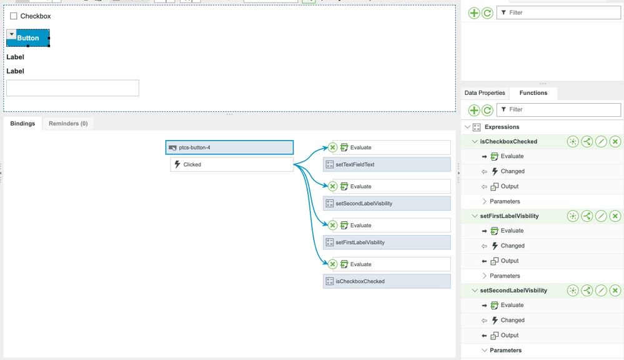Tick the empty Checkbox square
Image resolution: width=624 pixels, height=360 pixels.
pos(14,16)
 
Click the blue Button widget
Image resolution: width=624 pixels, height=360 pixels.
pos(28,38)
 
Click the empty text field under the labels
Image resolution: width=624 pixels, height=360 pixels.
pos(73,88)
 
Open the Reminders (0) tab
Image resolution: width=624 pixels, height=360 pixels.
pos(68,124)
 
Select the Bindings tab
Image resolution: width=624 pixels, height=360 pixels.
pos(22,124)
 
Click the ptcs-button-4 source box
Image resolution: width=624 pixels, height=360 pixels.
pos(230,147)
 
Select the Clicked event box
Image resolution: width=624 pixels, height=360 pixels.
pos(232,164)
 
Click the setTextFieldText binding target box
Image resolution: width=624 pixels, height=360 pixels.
pos(387,164)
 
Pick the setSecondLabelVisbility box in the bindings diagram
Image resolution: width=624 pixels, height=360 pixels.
pos(387,204)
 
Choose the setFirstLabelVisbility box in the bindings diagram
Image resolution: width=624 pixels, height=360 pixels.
pos(387,242)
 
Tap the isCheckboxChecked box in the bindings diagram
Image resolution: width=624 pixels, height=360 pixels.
pos(387,281)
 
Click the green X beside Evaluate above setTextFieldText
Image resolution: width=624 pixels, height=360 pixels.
pos(333,147)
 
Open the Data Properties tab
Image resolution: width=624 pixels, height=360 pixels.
pos(485,92)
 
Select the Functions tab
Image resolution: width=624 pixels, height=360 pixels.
pos(533,92)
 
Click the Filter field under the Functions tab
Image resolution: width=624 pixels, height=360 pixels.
pos(559,109)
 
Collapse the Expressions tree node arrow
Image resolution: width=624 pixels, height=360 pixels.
pos(468,127)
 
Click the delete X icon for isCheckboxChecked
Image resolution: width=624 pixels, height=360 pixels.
pos(615,141)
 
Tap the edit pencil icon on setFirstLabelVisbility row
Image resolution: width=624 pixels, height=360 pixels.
pos(601,216)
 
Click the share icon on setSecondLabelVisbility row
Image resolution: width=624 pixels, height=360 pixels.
pos(587,290)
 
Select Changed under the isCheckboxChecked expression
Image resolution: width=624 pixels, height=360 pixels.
pos(513,171)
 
